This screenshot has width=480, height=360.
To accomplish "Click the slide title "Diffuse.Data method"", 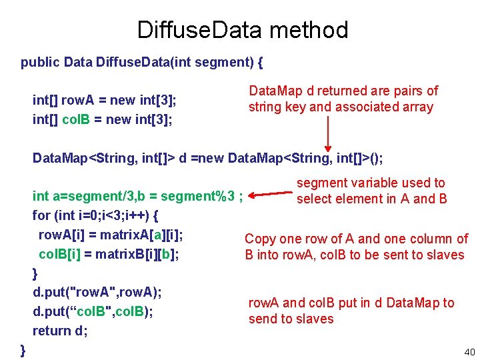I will (242, 30).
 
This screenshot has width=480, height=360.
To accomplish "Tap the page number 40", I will (469, 351).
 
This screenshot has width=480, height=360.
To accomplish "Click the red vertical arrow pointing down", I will (328, 133).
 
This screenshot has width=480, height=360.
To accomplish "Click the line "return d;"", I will (60, 331).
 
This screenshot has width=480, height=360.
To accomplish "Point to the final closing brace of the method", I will (24, 349).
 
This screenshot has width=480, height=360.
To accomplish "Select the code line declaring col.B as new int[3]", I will (103, 119).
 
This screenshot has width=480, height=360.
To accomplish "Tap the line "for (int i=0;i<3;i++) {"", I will (95, 216).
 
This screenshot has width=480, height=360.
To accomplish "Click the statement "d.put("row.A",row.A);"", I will (97, 292).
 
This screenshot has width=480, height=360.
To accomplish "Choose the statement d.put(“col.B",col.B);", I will (93, 311).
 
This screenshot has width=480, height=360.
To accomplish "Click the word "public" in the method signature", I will (40, 63).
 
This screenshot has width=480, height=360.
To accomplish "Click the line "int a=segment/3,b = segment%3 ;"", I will (137, 197).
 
